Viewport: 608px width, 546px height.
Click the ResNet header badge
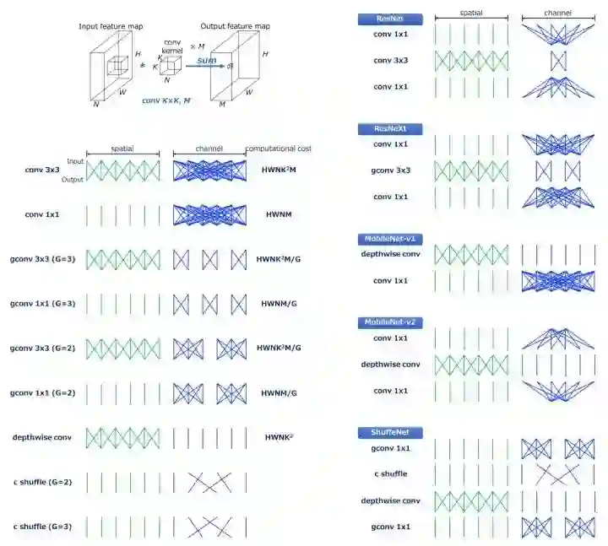(x=389, y=18)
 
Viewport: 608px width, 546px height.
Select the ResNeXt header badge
(x=389, y=128)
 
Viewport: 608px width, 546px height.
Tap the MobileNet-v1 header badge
(x=389, y=240)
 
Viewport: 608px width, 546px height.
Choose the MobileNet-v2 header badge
(x=389, y=323)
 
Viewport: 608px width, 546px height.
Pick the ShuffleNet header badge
(x=389, y=432)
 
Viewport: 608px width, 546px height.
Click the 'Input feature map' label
(x=111, y=27)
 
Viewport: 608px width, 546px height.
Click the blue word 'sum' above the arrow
(x=205, y=61)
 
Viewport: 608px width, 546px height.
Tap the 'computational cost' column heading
(x=278, y=149)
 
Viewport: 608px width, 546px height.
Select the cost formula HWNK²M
(x=278, y=170)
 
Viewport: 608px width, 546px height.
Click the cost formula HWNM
(x=278, y=214)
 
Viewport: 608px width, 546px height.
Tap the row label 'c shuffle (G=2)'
(x=42, y=482)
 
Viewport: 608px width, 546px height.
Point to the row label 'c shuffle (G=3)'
(x=42, y=527)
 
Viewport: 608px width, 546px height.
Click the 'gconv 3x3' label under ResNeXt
(x=389, y=170)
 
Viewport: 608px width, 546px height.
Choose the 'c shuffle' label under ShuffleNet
(x=389, y=473)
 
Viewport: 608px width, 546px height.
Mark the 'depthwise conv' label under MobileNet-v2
(x=389, y=365)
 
